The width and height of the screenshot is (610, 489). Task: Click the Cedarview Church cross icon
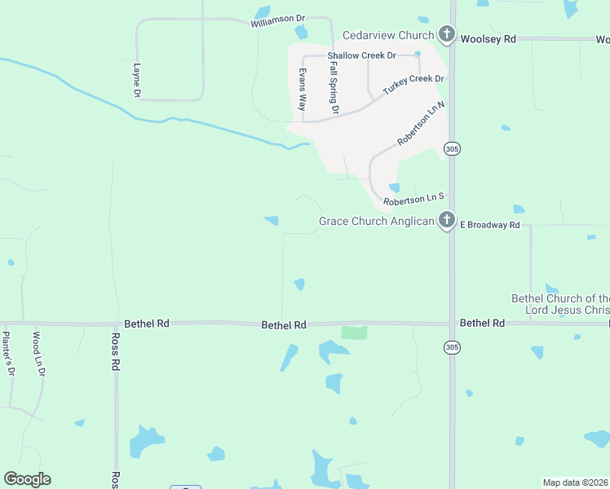[446, 35]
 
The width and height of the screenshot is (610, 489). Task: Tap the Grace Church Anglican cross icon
[446, 220]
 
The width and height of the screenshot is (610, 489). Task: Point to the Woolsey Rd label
[488, 38]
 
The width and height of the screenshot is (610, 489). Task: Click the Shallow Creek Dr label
[361, 55]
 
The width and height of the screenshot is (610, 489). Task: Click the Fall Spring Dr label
[334, 90]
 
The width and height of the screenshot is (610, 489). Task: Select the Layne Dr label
[137, 81]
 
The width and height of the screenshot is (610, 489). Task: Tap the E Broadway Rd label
[490, 224]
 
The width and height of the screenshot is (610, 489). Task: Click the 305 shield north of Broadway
[452, 148]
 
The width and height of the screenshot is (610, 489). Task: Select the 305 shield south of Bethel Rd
[452, 348]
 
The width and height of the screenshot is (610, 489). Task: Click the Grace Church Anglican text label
[376, 221]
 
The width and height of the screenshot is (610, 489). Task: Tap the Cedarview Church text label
[387, 35]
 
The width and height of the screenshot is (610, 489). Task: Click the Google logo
[27, 478]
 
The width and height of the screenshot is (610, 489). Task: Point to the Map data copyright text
[575, 482]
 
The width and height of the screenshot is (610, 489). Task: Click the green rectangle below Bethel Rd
[354, 333]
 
